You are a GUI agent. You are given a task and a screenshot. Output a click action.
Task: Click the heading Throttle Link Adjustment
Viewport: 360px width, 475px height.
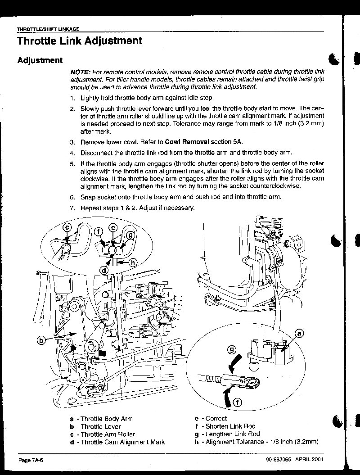tap(80, 41)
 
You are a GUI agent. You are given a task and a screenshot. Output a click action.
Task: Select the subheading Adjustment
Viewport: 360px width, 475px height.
tap(40, 60)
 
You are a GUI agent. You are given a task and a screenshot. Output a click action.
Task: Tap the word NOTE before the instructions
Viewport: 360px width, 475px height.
tap(80, 72)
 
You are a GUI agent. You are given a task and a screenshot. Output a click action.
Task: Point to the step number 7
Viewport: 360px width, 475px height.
tap(72, 208)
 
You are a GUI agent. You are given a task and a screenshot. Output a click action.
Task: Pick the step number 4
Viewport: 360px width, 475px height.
tap(72, 152)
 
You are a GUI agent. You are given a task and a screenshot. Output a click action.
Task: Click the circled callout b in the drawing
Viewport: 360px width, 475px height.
tap(41, 341)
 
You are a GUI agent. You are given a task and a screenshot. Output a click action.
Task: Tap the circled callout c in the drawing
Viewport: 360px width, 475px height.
tap(67, 227)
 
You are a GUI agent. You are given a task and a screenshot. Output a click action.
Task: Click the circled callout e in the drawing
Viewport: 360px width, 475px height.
tap(113, 227)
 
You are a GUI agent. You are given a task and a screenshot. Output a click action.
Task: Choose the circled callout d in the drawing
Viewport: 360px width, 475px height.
tap(103, 270)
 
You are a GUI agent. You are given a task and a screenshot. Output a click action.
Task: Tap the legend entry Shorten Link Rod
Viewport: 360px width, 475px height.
tap(230, 426)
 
